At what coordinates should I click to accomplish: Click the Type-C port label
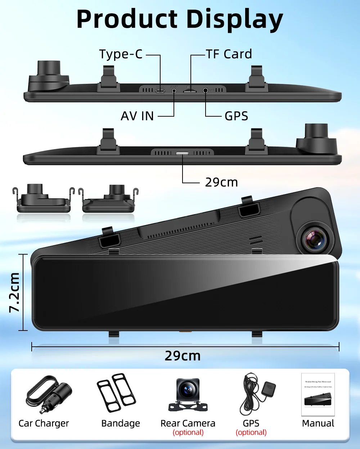tap(121, 54)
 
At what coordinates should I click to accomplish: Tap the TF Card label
tap(229, 54)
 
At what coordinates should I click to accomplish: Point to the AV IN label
tap(137, 116)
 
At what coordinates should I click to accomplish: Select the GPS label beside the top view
tap(236, 116)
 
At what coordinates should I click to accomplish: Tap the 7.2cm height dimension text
tap(14, 292)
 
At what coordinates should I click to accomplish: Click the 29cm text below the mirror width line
tap(183, 356)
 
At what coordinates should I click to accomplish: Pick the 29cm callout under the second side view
tap(221, 183)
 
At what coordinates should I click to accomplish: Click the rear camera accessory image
tap(188, 395)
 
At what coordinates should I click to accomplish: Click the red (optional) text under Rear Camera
tap(188, 432)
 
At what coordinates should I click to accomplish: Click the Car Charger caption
tap(44, 423)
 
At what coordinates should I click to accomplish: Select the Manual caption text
tap(318, 423)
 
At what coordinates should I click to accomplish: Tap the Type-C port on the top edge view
tap(160, 90)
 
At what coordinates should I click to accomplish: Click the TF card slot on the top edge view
tap(189, 91)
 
